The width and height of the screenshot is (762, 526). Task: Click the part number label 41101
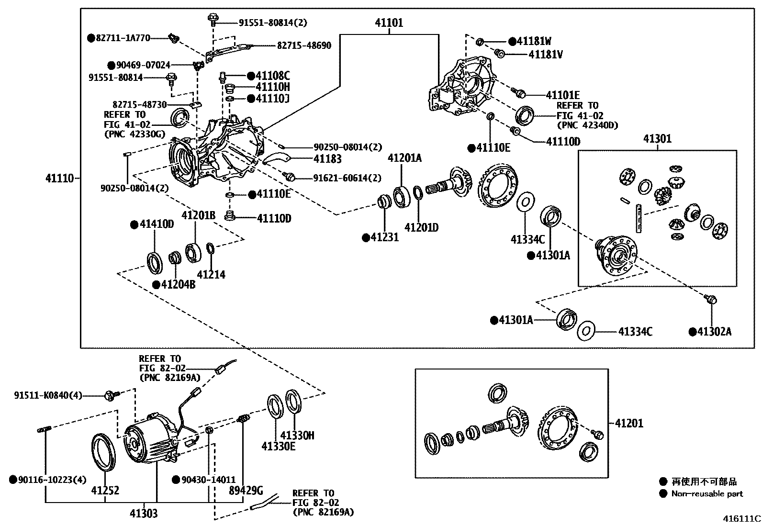pyautogui.click(x=389, y=22)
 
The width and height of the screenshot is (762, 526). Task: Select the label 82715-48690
pyautogui.click(x=304, y=45)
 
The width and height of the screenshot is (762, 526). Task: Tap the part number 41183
pyautogui.click(x=327, y=158)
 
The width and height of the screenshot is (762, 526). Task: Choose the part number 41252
pyautogui.click(x=105, y=490)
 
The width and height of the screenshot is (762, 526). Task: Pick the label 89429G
pyautogui.click(x=246, y=490)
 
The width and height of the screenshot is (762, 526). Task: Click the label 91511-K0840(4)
pyautogui.click(x=48, y=395)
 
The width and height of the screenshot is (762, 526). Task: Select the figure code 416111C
pyautogui.click(x=741, y=518)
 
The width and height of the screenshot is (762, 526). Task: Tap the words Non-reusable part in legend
pyautogui.click(x=707, y=493)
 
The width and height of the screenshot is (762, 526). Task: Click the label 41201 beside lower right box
pyautogui.click(x=629, y=423)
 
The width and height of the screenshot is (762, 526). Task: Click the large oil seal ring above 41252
pyautogui.click(x=103, y=452)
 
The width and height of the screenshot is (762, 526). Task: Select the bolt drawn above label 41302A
pyautogui.click(x=711, y=300)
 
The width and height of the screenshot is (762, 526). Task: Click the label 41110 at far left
pyautogui.click(x=60, y=179)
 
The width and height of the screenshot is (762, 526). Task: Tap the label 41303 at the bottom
pyautogui.click(x=143, y=514)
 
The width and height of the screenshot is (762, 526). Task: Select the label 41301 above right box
pyautogui.click(x=657, y=139)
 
